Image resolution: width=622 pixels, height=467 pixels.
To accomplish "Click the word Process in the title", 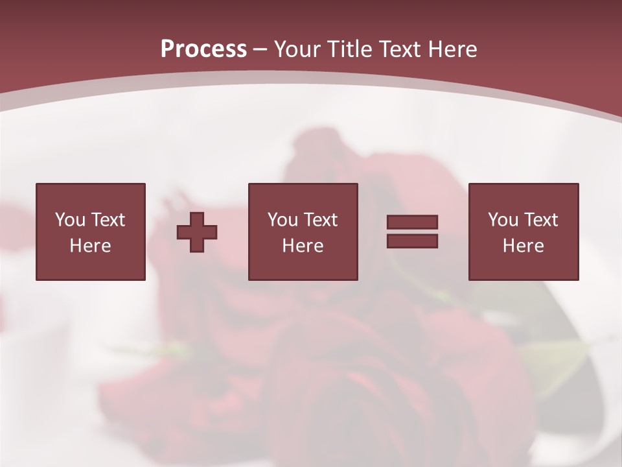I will [203, 49].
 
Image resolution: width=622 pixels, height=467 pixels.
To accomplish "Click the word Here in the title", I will [453, 49].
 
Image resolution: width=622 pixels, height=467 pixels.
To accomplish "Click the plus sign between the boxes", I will [197, 232].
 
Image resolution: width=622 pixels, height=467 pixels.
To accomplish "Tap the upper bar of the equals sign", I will [412, 222].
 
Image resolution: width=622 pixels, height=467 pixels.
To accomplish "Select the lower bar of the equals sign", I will [412, 241].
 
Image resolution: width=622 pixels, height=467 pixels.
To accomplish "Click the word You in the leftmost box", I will [70, 220].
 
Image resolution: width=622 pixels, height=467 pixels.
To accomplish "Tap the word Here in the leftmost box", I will [90, 246].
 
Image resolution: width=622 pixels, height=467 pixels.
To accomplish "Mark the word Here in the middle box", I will [303, 246].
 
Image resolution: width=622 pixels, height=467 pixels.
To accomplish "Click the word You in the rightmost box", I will [503, 220].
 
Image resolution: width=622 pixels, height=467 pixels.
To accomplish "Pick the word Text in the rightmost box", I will [542, 220].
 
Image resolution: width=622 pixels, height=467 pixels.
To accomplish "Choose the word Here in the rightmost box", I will [523, 246].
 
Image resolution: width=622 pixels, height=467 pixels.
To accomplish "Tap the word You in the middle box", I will [282, 220].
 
